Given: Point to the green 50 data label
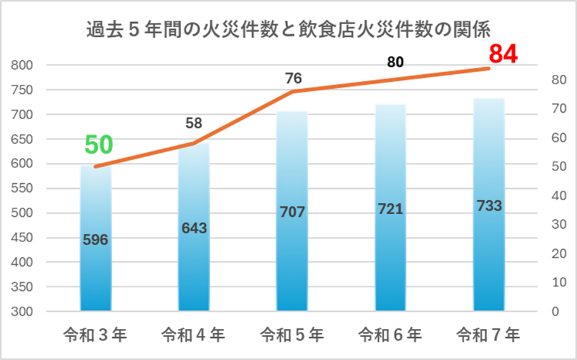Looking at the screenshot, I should tap(99, 145).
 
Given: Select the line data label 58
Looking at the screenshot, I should tap(194, 124).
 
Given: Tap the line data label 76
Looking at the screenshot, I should tap(293, 79).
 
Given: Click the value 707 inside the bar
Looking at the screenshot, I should tap(292, 212).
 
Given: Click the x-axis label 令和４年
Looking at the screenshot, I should tap(194, 334).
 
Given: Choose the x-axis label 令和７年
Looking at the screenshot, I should tap(488, 334).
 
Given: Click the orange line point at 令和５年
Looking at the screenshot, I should tap(293, 91).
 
